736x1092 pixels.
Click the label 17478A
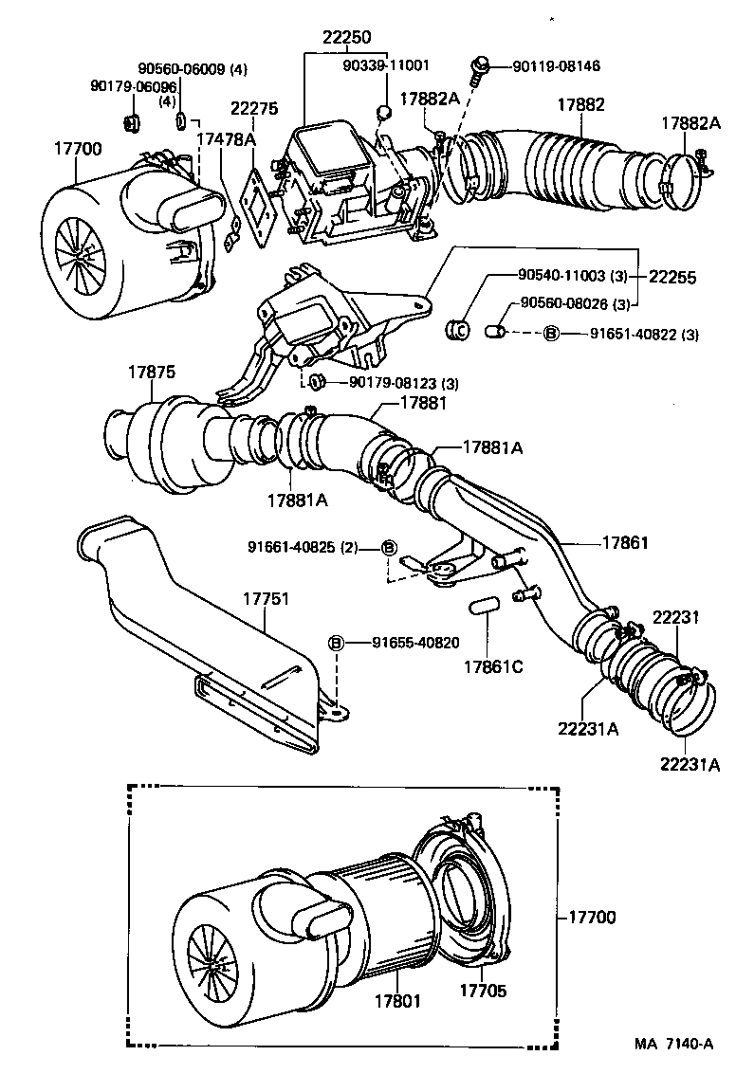[227, 139]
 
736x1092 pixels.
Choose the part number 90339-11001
[386, 65]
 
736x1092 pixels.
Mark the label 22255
[672, 278]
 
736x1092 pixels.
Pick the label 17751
[267, 599]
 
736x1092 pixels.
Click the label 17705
[483, 991]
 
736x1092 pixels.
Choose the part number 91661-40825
[303, 547]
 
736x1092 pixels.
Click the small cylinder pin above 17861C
[488, 608]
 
